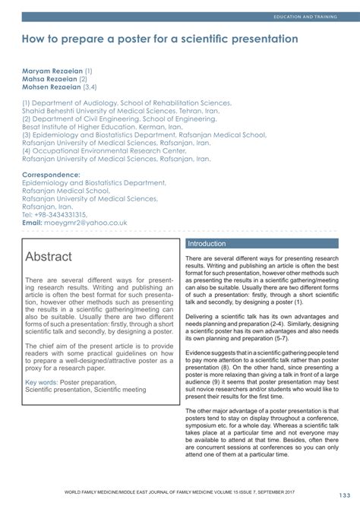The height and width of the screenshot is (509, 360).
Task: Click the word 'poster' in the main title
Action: click(145, 38)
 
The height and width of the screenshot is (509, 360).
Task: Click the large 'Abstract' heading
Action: click(49, 257)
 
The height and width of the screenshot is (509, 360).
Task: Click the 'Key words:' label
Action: click(40, 382)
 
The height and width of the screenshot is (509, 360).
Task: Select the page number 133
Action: click(336, 497)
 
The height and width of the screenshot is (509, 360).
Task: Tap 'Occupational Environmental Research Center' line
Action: click(109, 151)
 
